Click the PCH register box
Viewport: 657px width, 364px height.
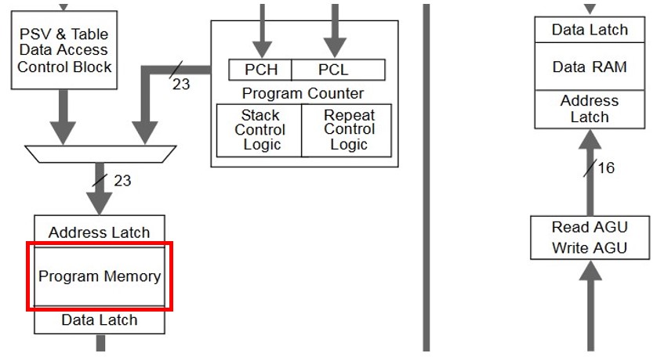point(260,70)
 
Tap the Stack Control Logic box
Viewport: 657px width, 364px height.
point(259,130)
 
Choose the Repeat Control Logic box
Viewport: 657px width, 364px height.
point(348,130)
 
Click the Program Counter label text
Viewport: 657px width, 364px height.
point(303,93)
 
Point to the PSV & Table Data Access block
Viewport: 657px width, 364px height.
point(64,50)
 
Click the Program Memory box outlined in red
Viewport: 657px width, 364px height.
point(100,276)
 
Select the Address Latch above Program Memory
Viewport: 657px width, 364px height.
point(100,232)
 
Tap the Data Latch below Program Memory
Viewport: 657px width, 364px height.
point(100,320)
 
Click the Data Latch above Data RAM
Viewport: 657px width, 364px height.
point(590,30)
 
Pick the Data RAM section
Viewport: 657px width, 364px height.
point(590,67)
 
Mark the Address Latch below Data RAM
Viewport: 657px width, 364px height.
point(590,109)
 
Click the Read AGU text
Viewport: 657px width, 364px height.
point(590,227)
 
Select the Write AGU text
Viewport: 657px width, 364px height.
point(590,249)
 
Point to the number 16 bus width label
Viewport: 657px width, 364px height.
point(606,168)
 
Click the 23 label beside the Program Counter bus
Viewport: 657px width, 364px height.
point(181,84)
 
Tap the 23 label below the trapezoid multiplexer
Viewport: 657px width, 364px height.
point(122,181)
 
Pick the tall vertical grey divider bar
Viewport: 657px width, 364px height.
point(427,176)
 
